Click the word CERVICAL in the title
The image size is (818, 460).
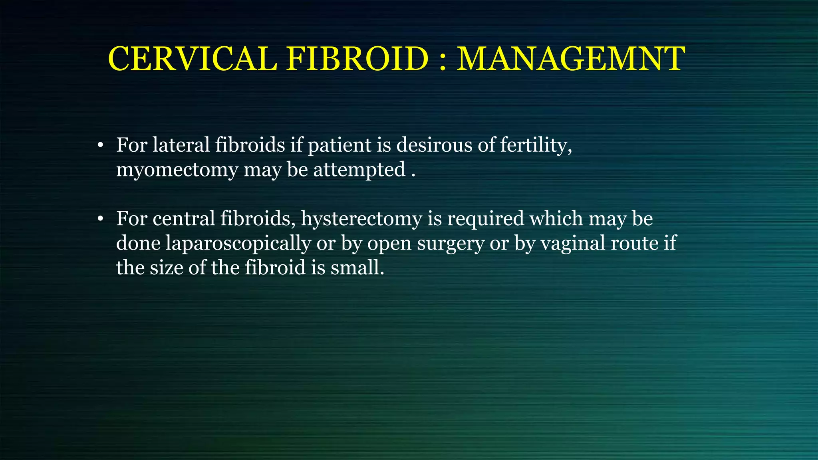tap(192, 59)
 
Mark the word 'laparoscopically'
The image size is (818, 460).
tap(238, 244)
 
